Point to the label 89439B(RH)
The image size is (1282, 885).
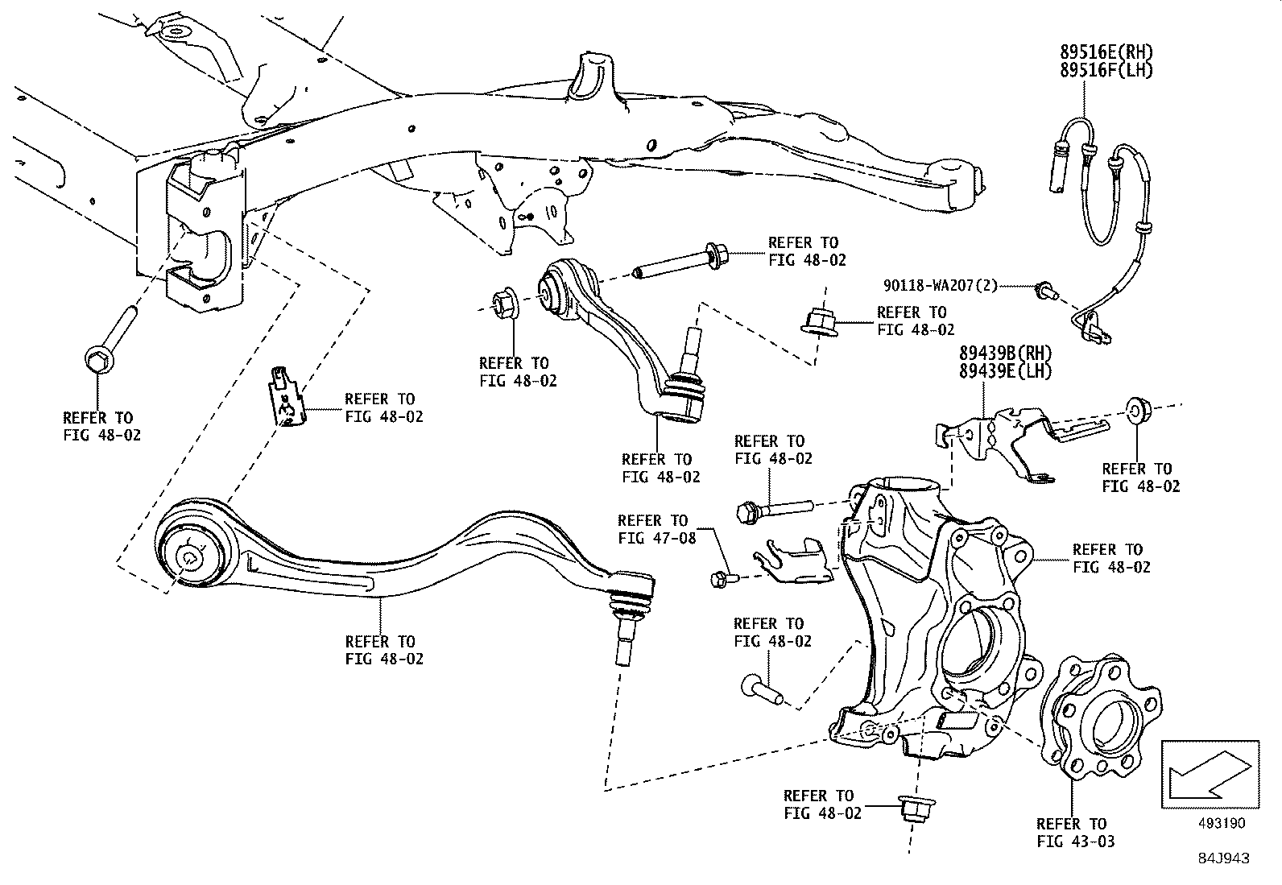tap(1005, 354)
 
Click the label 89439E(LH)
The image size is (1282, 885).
tap(1005, 371)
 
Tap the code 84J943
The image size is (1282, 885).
tap(1222, 858)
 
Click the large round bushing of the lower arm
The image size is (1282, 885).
tap(190, 556)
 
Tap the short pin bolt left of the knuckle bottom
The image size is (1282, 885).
tap(761, 689)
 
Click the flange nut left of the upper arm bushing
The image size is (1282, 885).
tap(505, 303)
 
